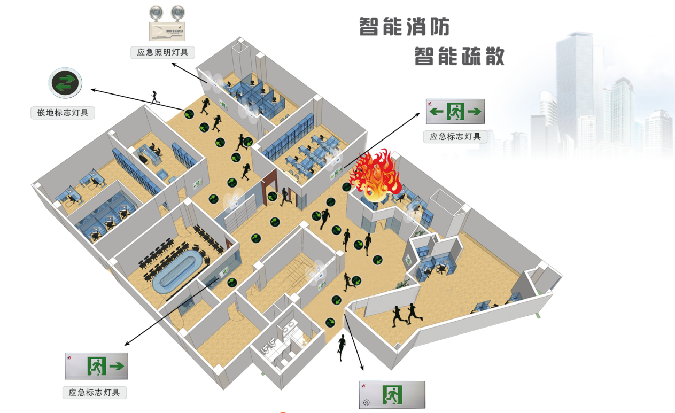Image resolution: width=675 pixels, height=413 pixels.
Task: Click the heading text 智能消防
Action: tap(404, 26)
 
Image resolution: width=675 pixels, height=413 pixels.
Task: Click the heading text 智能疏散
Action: tap(460, 56)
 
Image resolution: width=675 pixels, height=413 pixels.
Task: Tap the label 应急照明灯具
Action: tap(162, 52)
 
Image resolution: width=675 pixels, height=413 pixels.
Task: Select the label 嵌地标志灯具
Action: tap(63, 113)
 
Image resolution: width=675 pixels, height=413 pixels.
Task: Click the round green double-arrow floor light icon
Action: tap(65, 82)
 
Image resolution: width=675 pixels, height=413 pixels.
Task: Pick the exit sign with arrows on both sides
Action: tap(455, 111)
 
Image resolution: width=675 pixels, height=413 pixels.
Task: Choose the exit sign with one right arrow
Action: tap(97, 366)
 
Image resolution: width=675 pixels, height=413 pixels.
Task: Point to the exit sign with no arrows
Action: tap(392, 395)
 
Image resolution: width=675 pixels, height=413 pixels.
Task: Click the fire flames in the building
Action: tap(375, 174)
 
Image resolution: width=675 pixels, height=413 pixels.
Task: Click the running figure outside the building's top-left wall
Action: tap(156, 97)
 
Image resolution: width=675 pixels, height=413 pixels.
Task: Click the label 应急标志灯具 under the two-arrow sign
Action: tap(455, 136)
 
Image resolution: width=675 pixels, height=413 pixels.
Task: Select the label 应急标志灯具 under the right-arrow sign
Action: tap(95, 392)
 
